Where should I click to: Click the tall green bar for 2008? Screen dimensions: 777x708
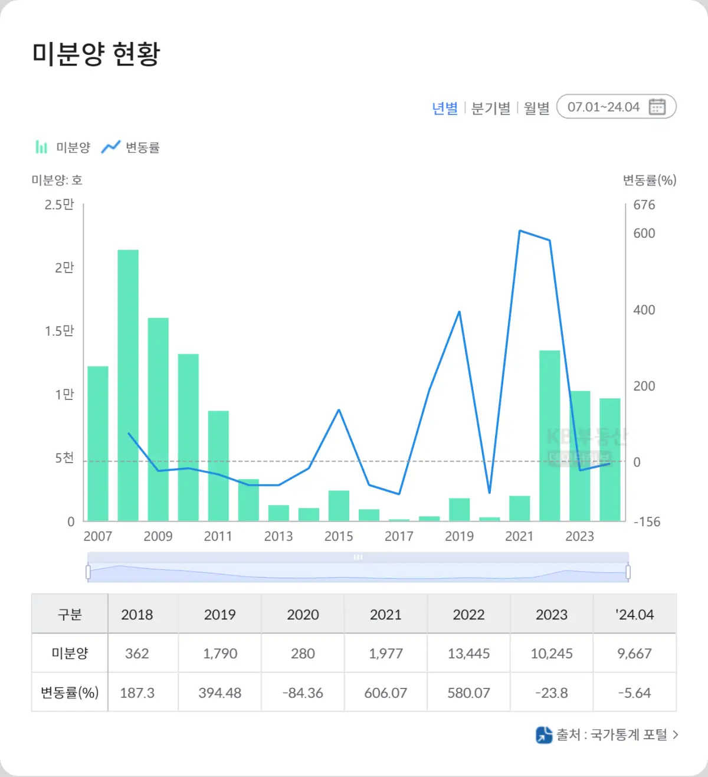pos(128,383)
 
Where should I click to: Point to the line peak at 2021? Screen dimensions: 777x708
pos(520,231)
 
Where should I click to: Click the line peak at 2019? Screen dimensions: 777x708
pos(459,312)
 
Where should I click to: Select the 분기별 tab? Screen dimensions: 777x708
pos(490,109)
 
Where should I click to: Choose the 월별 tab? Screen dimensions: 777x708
pos(536,109)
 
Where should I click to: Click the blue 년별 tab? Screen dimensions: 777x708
pos(445,109)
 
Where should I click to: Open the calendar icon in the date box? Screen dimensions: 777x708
pos(657,107)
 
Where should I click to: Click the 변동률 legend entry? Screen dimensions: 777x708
pos(131,147)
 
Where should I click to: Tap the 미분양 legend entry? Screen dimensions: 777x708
pos(63,147)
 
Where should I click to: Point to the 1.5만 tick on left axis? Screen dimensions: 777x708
pos(60,331)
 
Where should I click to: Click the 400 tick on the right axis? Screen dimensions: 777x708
pos(644,310)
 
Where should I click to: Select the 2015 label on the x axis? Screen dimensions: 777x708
pos(339,536)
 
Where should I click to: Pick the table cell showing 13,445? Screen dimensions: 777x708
pos(468,654)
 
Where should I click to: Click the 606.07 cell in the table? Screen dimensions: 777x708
pos(386,693)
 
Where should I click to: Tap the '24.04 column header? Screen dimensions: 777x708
pos(634,615)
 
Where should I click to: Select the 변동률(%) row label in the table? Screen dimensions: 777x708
pos(70,693)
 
